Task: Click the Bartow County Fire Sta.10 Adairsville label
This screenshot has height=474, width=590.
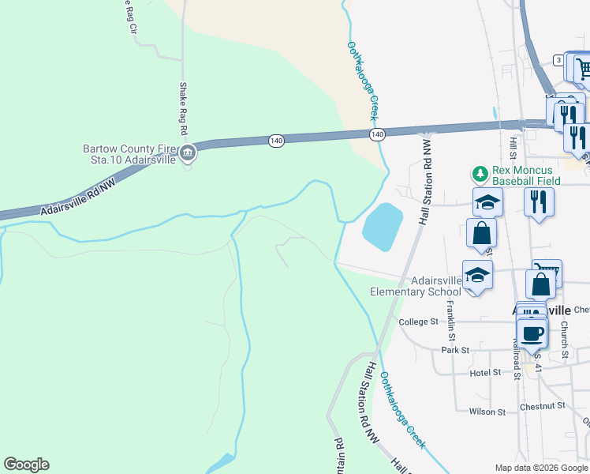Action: point(130,154)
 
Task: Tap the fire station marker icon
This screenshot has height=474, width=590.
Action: point(187,154)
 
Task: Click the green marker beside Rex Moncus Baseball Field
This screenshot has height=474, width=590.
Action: point(478,172)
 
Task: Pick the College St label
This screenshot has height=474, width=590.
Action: point(418,322)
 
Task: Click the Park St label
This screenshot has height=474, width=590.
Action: point(455,349)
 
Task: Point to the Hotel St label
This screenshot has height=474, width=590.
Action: point(485,372)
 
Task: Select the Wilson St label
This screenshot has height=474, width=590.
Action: point(487,412)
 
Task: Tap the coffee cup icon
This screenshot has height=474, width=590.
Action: point(533,333)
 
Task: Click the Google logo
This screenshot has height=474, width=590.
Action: point(26,465)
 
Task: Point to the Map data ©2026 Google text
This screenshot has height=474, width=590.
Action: point(541,468)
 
